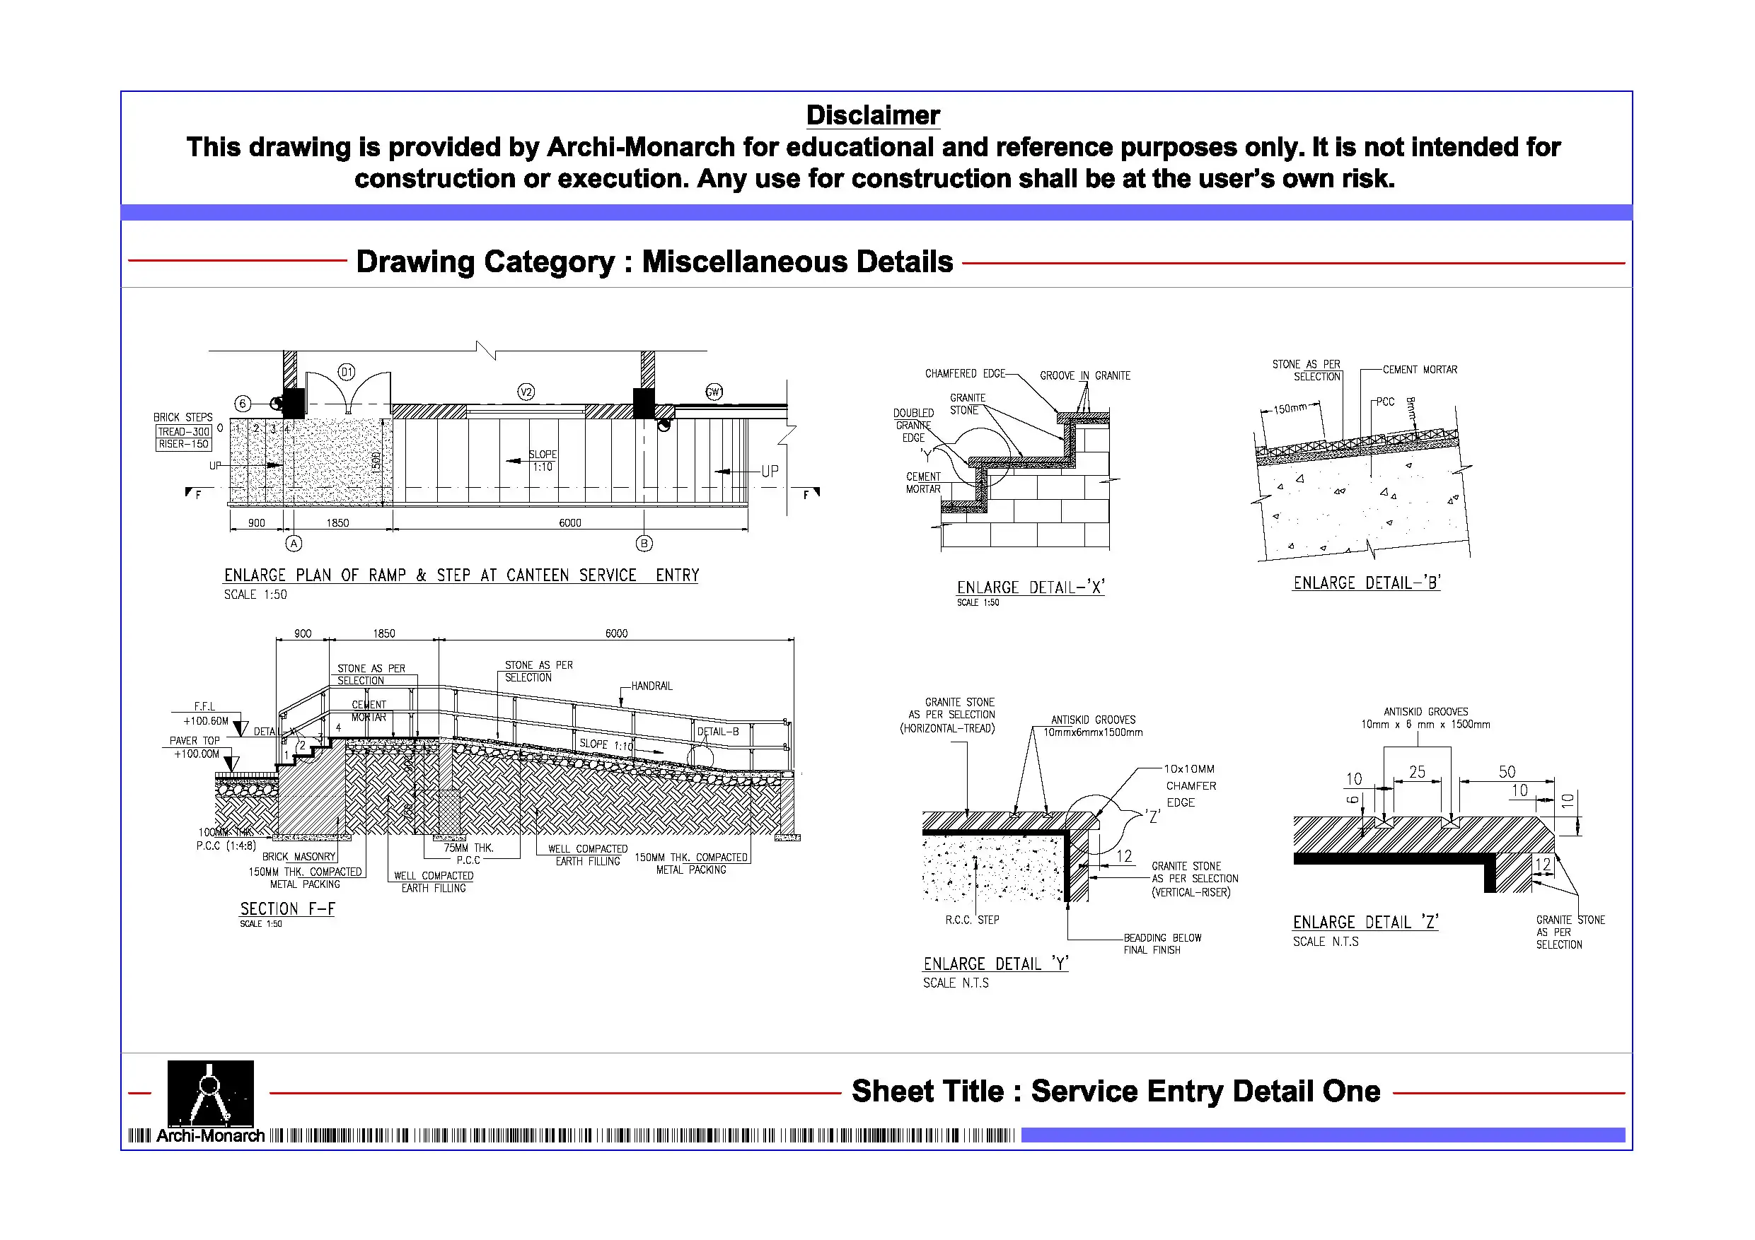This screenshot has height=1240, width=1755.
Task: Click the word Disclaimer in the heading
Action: point(872,115)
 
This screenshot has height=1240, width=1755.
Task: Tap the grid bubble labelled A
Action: point(294,543)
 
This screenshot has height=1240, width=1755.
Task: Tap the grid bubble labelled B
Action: point(644,543)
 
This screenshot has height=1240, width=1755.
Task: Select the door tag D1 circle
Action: point(347,372)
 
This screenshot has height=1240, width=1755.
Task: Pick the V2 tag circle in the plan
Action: point(526,392)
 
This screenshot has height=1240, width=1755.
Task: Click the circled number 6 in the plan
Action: point(243,404)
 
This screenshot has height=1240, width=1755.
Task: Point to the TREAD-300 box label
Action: point(183,432)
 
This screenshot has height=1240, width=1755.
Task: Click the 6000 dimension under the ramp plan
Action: point(569,522)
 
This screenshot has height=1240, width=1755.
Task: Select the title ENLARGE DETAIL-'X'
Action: point(1031,587)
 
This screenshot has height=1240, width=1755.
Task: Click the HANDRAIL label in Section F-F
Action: point(651,686)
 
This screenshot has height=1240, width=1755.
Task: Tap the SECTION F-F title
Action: point(287,908)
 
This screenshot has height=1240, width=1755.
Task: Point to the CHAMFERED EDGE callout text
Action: point(965,373)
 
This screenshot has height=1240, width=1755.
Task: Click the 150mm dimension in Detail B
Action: point(1290,409)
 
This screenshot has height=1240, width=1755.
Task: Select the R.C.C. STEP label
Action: point(971,920)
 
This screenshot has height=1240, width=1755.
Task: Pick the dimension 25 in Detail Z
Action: point(1416,772)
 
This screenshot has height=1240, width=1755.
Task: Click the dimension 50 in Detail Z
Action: point(1507,772)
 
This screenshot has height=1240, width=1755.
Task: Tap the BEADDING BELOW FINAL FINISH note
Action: point(1162,944)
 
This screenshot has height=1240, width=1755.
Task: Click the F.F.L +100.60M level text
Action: point(206,713)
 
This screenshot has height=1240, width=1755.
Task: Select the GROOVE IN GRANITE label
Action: point(1084,376)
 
